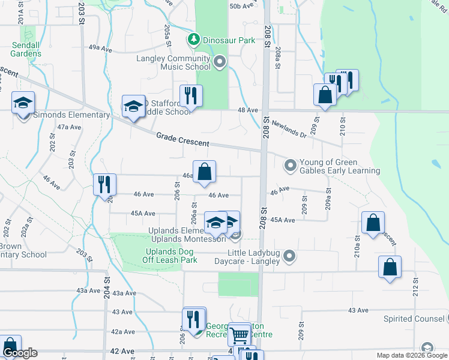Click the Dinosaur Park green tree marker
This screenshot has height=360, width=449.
193,40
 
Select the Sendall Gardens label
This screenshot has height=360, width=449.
25,49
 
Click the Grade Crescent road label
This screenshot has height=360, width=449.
182,139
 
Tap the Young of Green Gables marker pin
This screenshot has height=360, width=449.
291,164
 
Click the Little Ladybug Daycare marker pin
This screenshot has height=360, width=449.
289,257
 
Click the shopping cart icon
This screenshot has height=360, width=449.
239,333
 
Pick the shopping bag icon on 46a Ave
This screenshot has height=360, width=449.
204,171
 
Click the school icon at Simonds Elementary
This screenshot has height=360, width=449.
23,103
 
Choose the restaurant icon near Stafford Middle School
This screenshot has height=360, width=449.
191,95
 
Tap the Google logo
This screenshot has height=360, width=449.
19,353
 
